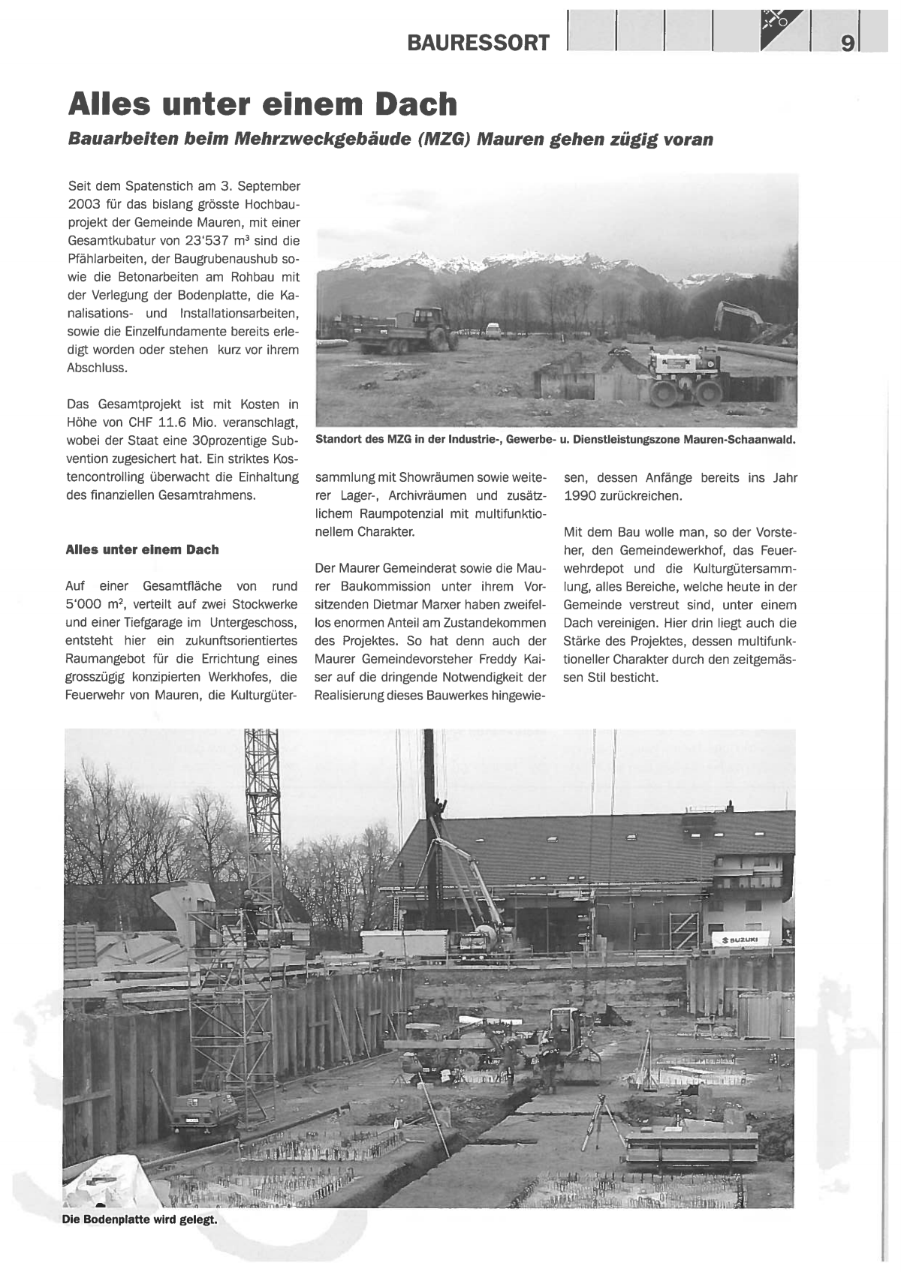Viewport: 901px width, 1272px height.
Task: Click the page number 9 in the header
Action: pos(846,44)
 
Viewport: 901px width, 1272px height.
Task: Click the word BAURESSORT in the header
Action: pos(478,43)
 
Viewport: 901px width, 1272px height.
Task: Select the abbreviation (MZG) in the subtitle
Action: pos(438,140)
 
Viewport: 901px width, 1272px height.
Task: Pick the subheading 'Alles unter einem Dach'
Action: pos(143,549)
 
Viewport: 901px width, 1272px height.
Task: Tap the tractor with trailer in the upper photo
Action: pos(405,332)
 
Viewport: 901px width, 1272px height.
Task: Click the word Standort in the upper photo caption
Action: pos(338,440)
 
